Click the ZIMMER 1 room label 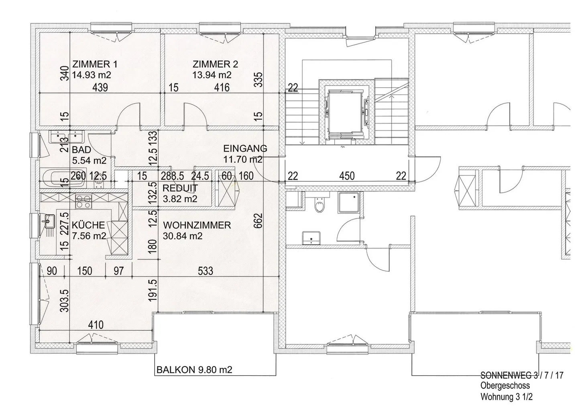point(95,64)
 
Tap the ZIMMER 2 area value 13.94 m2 point(212,75)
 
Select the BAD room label point(81,150)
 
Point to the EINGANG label point(245,149)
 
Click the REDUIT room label point(180,188)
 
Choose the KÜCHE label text point(88,225)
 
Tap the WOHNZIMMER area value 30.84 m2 point(182,236)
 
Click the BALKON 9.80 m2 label point(194,370)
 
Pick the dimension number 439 point(100,87)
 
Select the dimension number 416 point(222,87)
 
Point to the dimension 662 point(258,221)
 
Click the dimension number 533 point(206,271)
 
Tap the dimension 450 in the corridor point(347,176)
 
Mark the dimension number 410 point(96,325)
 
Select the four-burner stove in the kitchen point(83,201)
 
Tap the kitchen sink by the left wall point(49,222)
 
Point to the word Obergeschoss point(505,385)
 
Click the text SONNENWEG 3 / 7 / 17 point(522,375)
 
